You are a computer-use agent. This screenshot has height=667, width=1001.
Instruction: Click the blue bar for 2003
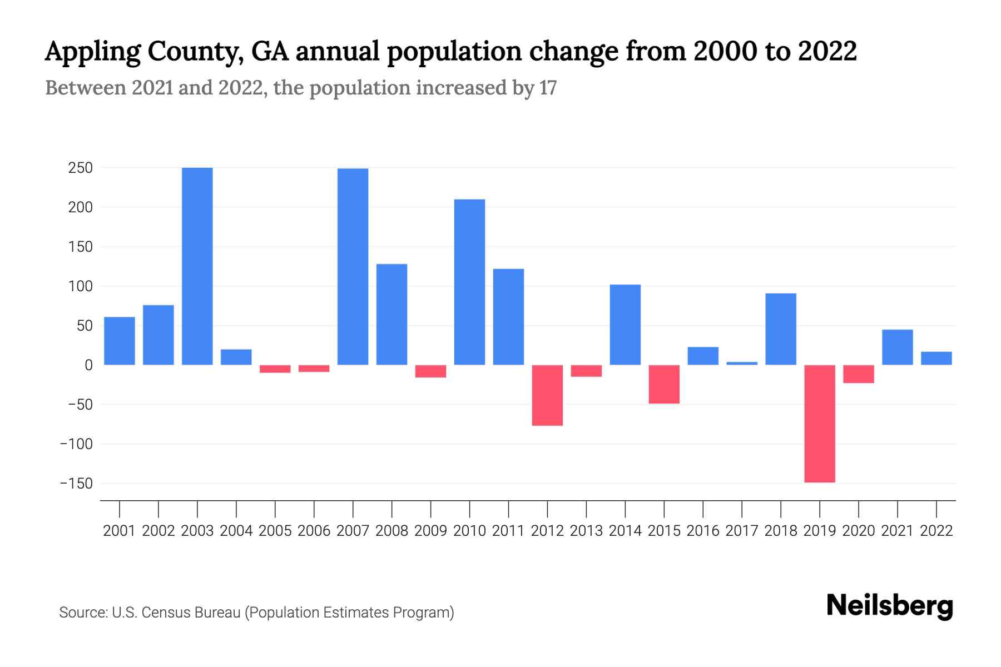(197, 266)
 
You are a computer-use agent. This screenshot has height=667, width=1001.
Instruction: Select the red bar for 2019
(820, 424)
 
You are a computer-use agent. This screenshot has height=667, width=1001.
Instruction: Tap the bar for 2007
(353, 267)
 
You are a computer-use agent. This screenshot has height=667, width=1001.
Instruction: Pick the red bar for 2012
(547, 395)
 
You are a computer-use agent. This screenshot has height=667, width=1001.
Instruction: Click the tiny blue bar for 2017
(742, 364)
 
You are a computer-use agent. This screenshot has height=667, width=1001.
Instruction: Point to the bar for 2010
(469, 282)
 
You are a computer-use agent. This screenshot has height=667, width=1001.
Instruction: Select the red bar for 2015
(664, 384)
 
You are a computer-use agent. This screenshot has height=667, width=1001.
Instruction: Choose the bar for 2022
(936, 359)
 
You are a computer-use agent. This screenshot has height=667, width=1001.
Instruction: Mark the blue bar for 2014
(625, 325)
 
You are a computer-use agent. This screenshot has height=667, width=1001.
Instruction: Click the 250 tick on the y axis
(80, 168)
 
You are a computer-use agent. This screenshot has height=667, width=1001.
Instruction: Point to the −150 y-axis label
(76, 484)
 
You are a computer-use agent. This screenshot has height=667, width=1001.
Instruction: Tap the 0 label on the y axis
(88, 365)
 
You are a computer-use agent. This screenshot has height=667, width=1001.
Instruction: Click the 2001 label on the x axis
(120, 531)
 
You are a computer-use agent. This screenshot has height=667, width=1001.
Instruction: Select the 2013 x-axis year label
(586, 531)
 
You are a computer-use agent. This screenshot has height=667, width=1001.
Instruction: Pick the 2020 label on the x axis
(859, 531)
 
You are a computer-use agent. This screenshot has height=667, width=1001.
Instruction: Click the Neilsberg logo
(890, 606)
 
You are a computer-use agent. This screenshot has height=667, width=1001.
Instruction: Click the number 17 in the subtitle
(548, 88)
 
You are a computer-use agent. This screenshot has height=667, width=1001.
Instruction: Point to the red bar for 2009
(430, 371)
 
